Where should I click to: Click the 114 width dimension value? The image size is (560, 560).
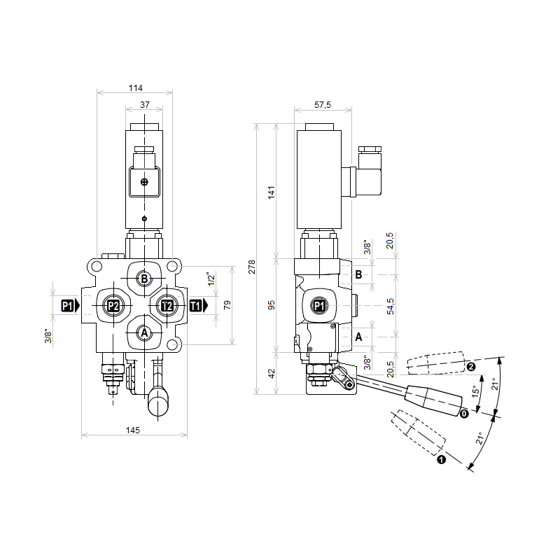click(135, 88)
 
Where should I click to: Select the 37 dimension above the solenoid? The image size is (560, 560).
click(145, 104)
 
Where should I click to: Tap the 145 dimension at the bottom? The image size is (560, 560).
click(132, 430)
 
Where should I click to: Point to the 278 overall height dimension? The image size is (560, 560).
click(252, 267)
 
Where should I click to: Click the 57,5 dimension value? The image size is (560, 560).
click(323, 104)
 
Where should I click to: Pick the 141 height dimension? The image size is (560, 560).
click(272, 192)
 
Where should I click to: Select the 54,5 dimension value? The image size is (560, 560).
click(391, 307)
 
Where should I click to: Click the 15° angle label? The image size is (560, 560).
click(475, 391)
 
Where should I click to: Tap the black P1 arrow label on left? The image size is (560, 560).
click(70, 306)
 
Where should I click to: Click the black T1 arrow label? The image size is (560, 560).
click(198, 306)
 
